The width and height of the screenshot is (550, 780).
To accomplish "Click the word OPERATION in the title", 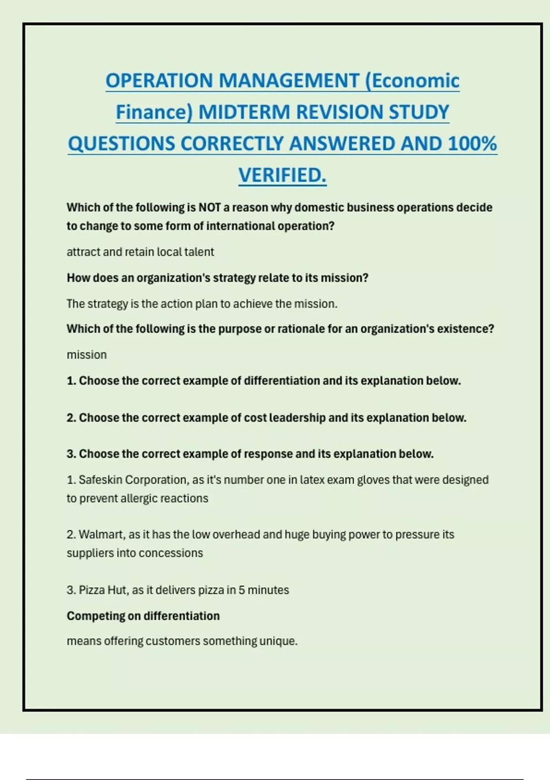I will click(x=159, y=81).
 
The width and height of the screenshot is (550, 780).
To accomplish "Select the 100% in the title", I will click(x=473, y=144).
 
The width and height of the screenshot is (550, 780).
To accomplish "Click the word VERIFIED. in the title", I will click(x=282, y=175).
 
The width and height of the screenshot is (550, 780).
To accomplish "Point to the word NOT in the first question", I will click(x=209, y=207).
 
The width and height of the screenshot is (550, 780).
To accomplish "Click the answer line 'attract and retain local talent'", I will click(x=140, y=252).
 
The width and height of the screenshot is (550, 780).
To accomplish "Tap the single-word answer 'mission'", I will click(x=87, y=355).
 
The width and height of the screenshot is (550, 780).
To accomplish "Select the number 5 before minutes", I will click(x=242, y=590).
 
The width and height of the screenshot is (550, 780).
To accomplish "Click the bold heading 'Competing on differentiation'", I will click(x=143, y=616).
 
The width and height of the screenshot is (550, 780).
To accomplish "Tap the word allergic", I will click(x=139, y=498).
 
